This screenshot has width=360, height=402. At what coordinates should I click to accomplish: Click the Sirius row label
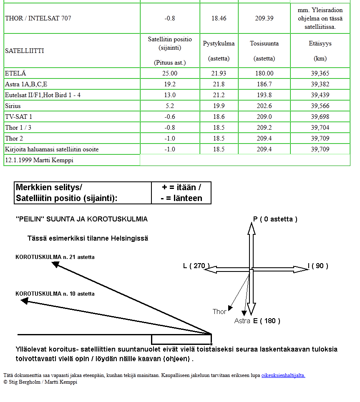coord(13,106)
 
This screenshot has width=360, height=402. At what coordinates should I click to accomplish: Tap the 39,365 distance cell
coord(320,73)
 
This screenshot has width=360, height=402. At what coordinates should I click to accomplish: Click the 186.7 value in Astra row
coord(264,84)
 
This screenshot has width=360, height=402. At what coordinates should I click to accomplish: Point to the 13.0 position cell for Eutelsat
coord(170,95)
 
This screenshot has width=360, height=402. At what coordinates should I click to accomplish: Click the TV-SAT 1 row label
coord(19,117)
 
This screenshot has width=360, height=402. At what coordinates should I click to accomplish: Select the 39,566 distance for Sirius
coord(320,106)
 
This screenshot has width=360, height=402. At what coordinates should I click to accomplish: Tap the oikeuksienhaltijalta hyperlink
coord(283,375)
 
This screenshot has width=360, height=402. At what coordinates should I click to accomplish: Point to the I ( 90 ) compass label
coord(318,266)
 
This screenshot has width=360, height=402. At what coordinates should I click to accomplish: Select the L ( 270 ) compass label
coord(196,266)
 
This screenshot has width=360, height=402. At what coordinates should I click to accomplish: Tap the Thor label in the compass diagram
coord(219,312)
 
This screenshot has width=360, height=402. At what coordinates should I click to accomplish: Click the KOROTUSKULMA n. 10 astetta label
coord(55,294)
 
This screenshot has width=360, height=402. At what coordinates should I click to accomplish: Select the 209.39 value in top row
coord(264,18)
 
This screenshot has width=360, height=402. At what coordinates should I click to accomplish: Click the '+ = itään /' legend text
coord(181,188)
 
